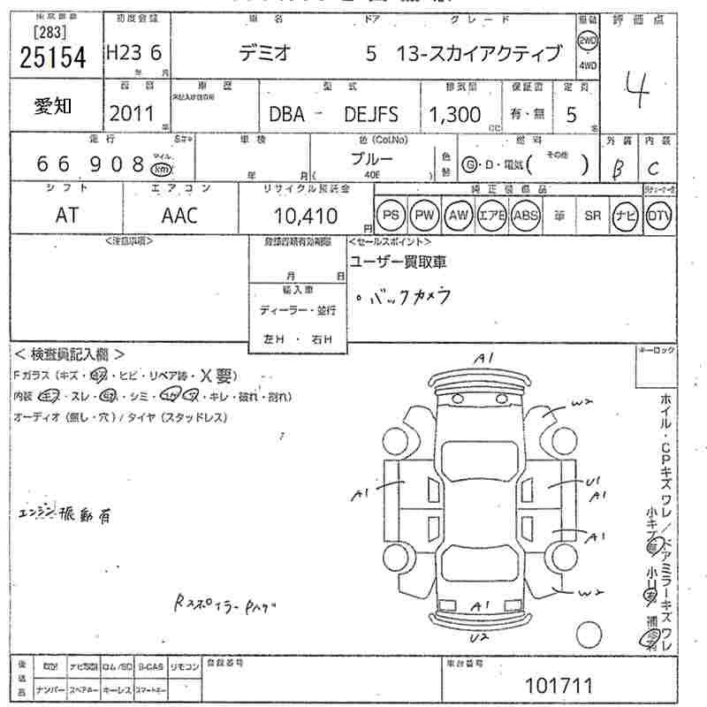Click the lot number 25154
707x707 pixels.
point(53,57)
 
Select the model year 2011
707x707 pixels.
point(131,113)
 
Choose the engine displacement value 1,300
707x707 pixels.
point(455,114)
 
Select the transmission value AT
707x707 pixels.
point(66,215)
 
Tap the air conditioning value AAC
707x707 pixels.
point(179,215)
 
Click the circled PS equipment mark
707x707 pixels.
point(390,215)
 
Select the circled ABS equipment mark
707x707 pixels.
point(525,215)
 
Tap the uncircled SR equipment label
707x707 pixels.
point(591,215)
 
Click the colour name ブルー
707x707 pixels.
point(372,160)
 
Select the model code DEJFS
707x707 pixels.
point(371,115)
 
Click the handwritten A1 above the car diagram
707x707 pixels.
point(483,358)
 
